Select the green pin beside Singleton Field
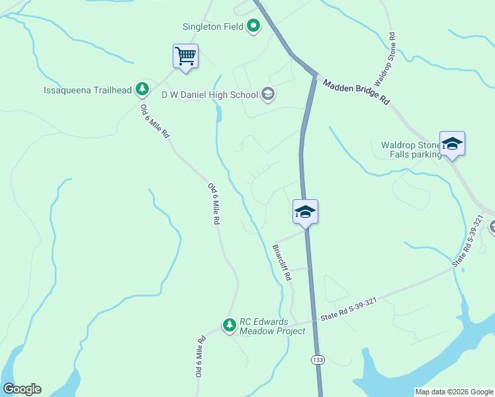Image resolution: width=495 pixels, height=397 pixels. pos(253,27)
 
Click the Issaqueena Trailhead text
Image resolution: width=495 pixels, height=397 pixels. pos(88,89)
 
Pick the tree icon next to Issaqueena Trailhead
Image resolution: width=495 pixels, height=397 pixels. pos(142,89)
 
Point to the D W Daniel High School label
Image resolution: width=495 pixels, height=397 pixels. pos(210,95)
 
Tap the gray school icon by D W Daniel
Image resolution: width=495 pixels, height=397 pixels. pos(268,94)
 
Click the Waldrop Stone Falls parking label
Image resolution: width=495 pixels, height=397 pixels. pos(411,150)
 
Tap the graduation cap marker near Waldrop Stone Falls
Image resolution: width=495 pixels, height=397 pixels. pos(452,144)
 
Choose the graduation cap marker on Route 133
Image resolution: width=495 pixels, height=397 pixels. pos(305,212)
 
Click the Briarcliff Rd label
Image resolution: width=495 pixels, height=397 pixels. pos(282,263)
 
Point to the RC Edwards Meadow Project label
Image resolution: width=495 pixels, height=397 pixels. pos(273,326)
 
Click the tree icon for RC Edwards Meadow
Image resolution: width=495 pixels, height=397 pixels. pos(229,325)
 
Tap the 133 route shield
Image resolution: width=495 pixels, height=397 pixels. pos(316,359)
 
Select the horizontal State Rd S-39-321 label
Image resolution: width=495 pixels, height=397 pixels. pos(349,318)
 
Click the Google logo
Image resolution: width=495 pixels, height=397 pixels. pos(22,389)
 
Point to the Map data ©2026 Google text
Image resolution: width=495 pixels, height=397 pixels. pos(454,392)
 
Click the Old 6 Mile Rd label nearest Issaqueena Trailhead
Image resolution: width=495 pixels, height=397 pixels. pos(155,120)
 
